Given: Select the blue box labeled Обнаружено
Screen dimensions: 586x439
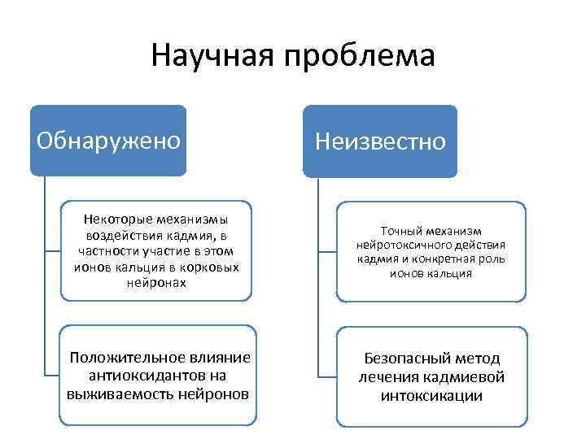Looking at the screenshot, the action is [x=108, y=140].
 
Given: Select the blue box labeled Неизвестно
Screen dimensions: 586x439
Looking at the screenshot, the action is [x=380, y=141].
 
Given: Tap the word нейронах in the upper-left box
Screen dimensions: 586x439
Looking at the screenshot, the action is [x=156, y=284].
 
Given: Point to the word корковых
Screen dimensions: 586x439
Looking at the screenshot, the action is [x=210, y=267].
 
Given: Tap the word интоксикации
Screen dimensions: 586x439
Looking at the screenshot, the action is [x=431, y=396].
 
